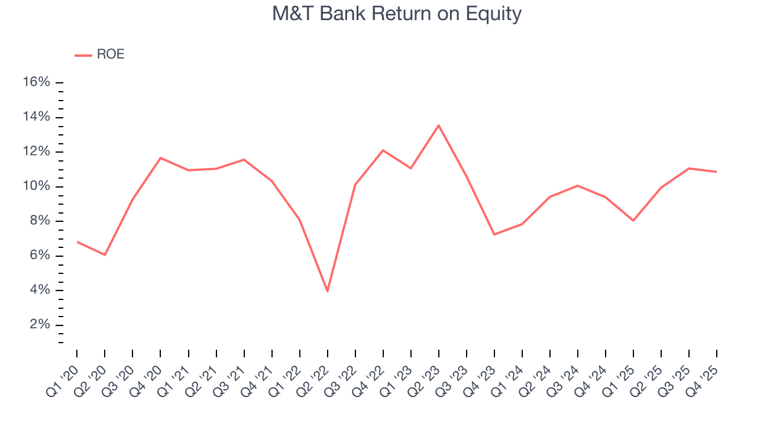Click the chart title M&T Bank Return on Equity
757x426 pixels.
tap(396, 14)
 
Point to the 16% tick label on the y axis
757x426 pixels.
tap(36, 82)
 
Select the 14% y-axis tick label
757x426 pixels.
tap(36, 117)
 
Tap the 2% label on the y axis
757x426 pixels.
tap(39, 325)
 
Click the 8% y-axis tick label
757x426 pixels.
tap(39, 221)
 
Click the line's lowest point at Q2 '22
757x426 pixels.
tap(327, 291)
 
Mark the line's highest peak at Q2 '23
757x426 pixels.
tap(438, 125)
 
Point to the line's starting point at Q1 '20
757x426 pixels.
tap(77, 241)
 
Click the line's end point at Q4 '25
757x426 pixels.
tap(716, 172)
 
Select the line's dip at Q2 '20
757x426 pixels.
tap(105, 255)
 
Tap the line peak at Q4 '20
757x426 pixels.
tap(160, 157)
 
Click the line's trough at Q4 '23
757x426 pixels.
tap(494, 234)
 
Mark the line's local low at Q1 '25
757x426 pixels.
tap(633, 221)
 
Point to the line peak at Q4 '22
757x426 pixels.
tap(383, 150)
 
